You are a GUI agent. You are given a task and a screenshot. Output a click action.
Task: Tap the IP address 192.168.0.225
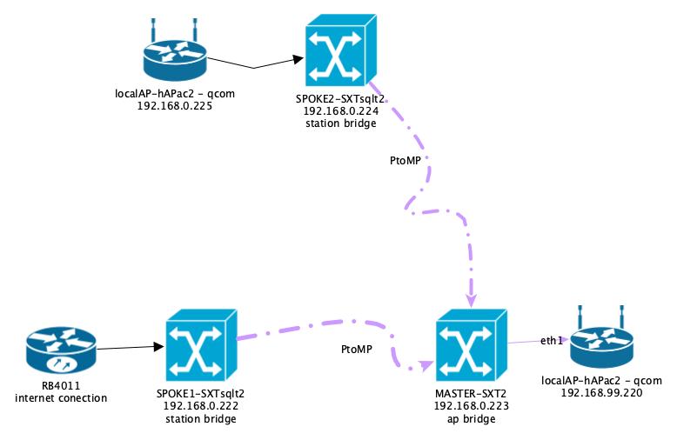175,106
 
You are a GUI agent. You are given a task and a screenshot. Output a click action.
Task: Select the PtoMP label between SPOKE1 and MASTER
357,350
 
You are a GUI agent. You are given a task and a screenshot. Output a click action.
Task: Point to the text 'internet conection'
61,398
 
